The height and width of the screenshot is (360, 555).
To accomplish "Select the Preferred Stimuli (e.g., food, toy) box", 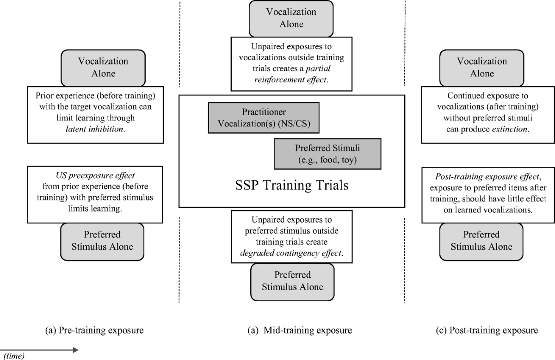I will coord(328,154).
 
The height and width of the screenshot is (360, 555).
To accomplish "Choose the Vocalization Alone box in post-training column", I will coord(481,68).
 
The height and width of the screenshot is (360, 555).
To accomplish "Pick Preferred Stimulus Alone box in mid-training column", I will coord(292,281).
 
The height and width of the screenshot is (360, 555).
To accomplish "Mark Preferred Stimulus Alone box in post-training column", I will coord(481,241).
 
